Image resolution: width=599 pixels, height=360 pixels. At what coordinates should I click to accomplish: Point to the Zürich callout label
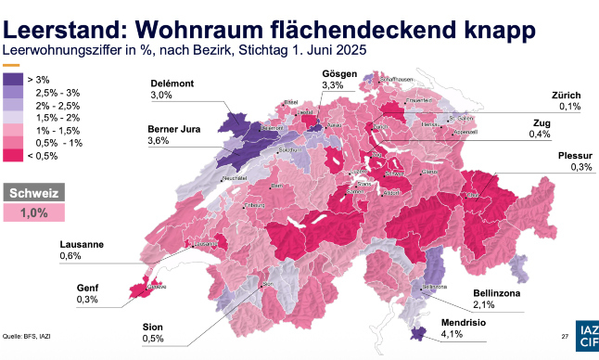[x=567, y=96]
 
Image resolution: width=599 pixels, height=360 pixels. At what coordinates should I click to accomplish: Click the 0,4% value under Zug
[x=541, y=135]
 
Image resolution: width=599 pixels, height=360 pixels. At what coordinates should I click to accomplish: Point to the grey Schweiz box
[x=34, y=194]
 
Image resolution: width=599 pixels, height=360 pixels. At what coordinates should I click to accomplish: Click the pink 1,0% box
[x=34, y=213]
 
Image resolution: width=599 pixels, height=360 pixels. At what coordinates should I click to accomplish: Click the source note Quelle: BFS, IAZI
[x=26, y=336]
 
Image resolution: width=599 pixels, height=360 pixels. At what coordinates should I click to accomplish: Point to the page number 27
[x=564, y=336]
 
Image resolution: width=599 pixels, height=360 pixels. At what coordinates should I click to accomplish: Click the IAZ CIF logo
[x=588, y=336]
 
